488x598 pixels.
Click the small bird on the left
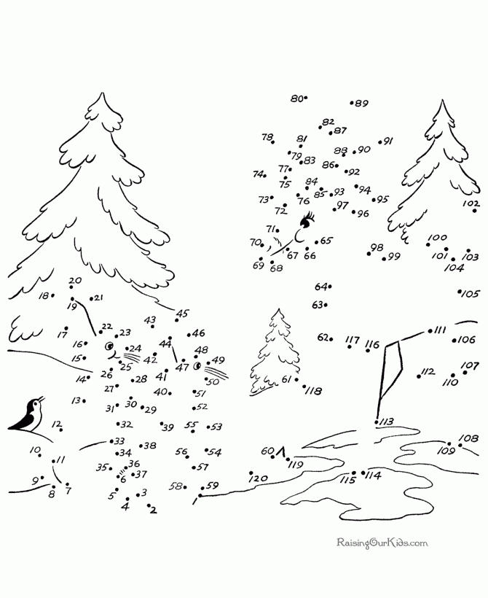(x=27, y=415)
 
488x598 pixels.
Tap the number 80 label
(x=296, y=98)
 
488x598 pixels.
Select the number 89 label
(x=361, y=104)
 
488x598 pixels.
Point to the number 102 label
(x=471, y=203)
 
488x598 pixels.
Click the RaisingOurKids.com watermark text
(x=382, y=543)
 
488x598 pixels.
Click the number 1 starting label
(x=195, y=501)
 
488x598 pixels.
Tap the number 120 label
(x=259, y=478)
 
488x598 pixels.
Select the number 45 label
(x=182, y=314)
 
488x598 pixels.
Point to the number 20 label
(x=75, y=281)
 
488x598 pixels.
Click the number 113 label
(x=386, y=422)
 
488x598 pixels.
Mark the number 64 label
(x=320, y=287)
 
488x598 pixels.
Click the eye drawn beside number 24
(x=111, y=347)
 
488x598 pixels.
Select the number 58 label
(x=176, y=486)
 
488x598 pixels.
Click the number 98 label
(x=376, y=248)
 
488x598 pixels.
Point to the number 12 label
(x=56, y=424)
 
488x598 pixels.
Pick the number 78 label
(x=267, y=137)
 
